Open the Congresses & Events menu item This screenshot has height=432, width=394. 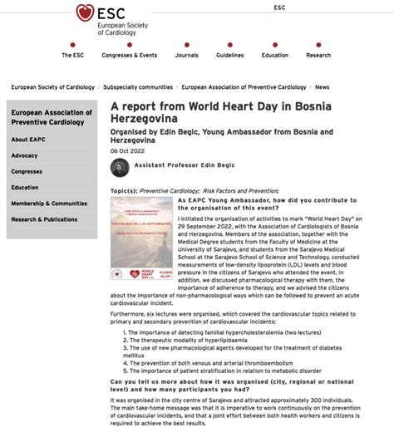click(x=129, y=55)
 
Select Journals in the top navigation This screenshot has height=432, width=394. click(x=186, y=55)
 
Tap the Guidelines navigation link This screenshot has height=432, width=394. click(x=229, y=55)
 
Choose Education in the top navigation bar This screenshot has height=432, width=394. click(x=274, y=55)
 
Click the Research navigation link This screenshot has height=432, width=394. click(x=318, y=55)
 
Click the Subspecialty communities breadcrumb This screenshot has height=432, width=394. click(x=137, y=86)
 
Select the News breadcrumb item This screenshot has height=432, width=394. click(x=322, y=86)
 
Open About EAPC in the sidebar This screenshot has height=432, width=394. click(x=31, y=140)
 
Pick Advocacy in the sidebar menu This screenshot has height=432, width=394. click(x=25, y=155)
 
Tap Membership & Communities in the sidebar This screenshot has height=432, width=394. click(x=49, y=204)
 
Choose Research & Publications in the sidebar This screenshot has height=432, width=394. click(x=44, y=219)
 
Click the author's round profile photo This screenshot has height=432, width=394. click(x=121, y=167)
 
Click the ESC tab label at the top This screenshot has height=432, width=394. click(x=279, y=7)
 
